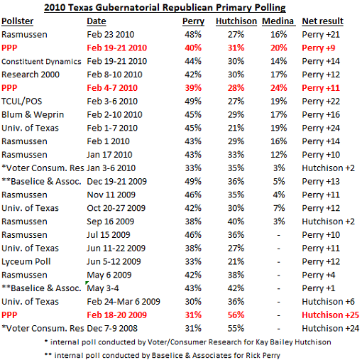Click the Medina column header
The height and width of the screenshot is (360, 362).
point(278,21)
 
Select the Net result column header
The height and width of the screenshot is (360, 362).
point(322,21)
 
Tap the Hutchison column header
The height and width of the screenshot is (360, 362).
point(236,21)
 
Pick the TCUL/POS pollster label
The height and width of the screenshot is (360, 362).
point(22,102)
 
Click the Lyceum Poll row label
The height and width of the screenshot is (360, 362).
point(26,261)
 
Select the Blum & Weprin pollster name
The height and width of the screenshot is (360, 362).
point(33,115)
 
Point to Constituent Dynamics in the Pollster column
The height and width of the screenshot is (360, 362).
point(41,62)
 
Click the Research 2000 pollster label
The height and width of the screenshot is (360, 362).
point(31,75)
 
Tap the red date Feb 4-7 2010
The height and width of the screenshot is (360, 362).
point(112,88)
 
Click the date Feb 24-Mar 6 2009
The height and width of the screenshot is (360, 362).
point(124,302)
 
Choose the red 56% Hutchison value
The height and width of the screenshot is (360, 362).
point(236,315)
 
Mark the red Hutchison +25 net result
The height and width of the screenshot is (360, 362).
point(331,315)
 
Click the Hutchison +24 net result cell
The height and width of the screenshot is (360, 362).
point(331,328)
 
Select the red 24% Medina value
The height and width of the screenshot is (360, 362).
point(279,88)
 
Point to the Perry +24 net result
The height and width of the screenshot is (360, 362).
point(321,128)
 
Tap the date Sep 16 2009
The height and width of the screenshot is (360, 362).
point(111,222)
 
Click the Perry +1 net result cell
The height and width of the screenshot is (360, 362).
point(319,288)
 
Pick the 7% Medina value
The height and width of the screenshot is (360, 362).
point(279,208)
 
